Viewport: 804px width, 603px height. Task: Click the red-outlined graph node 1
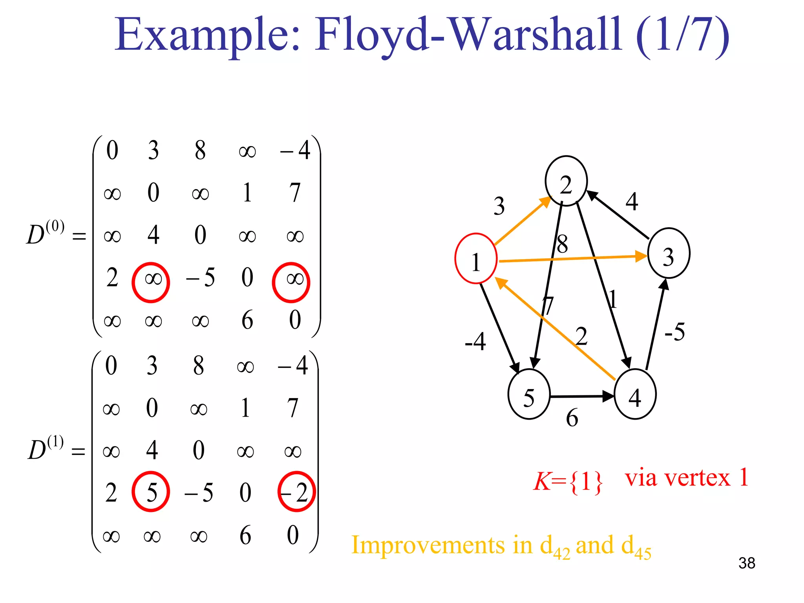476,258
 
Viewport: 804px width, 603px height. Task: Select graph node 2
566,181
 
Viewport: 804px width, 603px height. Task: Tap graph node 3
668,253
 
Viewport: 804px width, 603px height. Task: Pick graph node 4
635,394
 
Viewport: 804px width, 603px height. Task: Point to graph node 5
529,394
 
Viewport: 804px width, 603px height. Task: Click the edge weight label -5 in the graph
674,332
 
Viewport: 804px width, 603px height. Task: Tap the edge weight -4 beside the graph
475,341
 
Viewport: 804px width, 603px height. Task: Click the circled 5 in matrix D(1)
151,492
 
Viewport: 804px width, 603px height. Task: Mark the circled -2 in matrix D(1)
296,492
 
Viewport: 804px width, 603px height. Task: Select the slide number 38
746,563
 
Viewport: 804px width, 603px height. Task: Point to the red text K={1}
568,481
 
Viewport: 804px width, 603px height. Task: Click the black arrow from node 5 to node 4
582,397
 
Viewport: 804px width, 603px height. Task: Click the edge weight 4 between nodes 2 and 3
632,201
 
